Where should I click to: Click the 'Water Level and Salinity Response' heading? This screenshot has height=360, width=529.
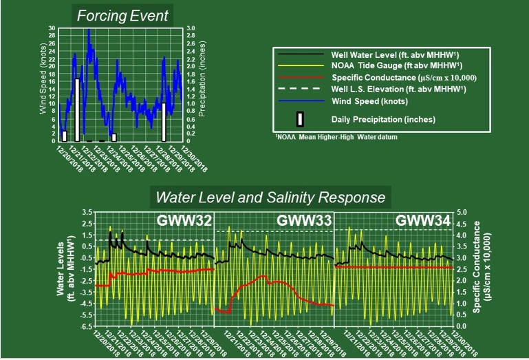pos(270,198)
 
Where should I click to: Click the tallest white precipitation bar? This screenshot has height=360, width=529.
pos(77,109)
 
